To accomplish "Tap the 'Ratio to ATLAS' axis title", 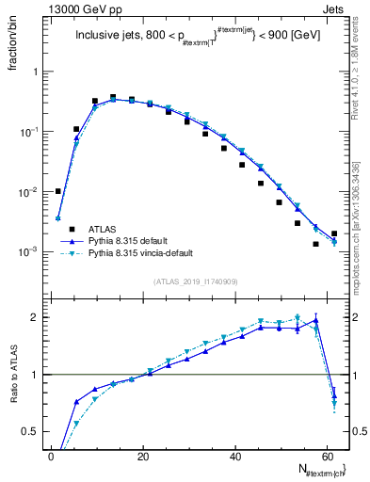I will pyautogui.click(x=12, y=374).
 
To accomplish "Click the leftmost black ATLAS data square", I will pyautogui.click(x=58, y=191).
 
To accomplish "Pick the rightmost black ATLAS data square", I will pyautogui.click(x=334, y=233).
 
